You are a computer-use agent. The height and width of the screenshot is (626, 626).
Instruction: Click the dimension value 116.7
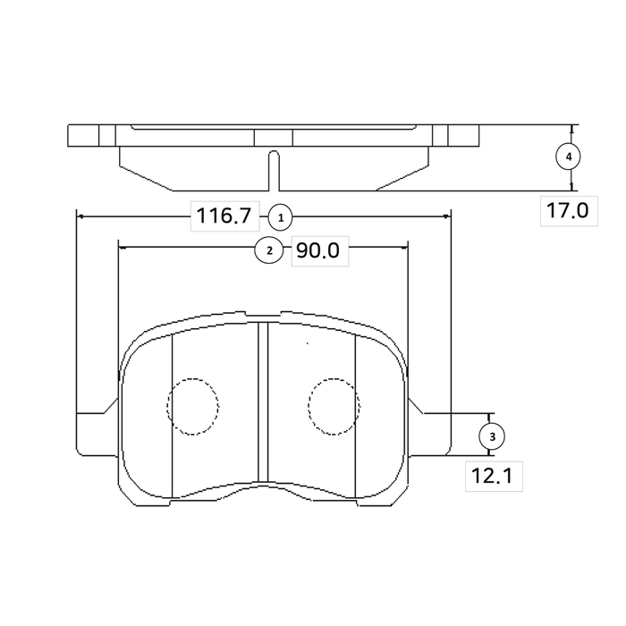(x=224, y=216)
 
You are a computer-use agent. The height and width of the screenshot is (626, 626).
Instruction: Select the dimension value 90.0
(x=318, y=250)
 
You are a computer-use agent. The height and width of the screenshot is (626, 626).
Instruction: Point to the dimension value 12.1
(x=492, y=476)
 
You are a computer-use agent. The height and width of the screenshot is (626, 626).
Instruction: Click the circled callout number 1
(x=280, y=218)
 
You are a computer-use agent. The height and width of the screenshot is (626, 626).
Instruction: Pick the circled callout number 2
(x=269, y=250)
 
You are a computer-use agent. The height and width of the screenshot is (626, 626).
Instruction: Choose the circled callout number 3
(x=492, y=436)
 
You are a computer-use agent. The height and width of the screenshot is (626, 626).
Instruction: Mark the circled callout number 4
(x=569, y=156)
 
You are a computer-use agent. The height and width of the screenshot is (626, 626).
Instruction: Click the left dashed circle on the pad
(x=193, y=406)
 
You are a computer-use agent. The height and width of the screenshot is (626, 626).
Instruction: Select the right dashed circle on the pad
(x=334, y=406)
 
